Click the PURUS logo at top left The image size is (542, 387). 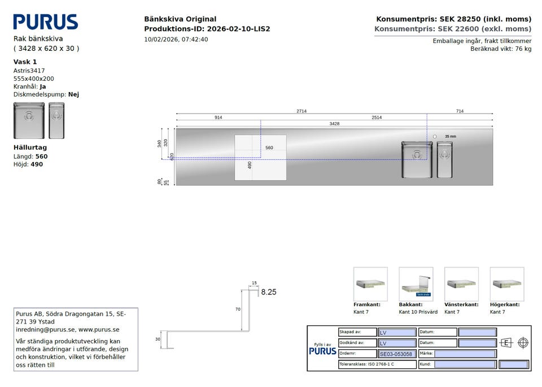46,22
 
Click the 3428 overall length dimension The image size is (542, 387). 335,124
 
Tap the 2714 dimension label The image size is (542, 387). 301,111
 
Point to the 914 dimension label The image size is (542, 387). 218,118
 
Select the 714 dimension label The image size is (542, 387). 460,111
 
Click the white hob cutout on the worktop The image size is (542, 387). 260,158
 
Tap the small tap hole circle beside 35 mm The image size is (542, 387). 435,137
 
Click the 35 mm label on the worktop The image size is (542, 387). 450,137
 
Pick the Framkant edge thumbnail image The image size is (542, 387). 370,284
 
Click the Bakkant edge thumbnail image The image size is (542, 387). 416,284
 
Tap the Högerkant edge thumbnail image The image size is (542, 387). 507,284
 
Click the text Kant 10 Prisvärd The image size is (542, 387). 418,312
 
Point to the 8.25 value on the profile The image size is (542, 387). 268,292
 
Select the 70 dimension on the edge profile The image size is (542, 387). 238,309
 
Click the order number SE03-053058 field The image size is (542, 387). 396,354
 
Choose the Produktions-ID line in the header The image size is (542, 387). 207,29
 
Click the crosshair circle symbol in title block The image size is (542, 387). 523,343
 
